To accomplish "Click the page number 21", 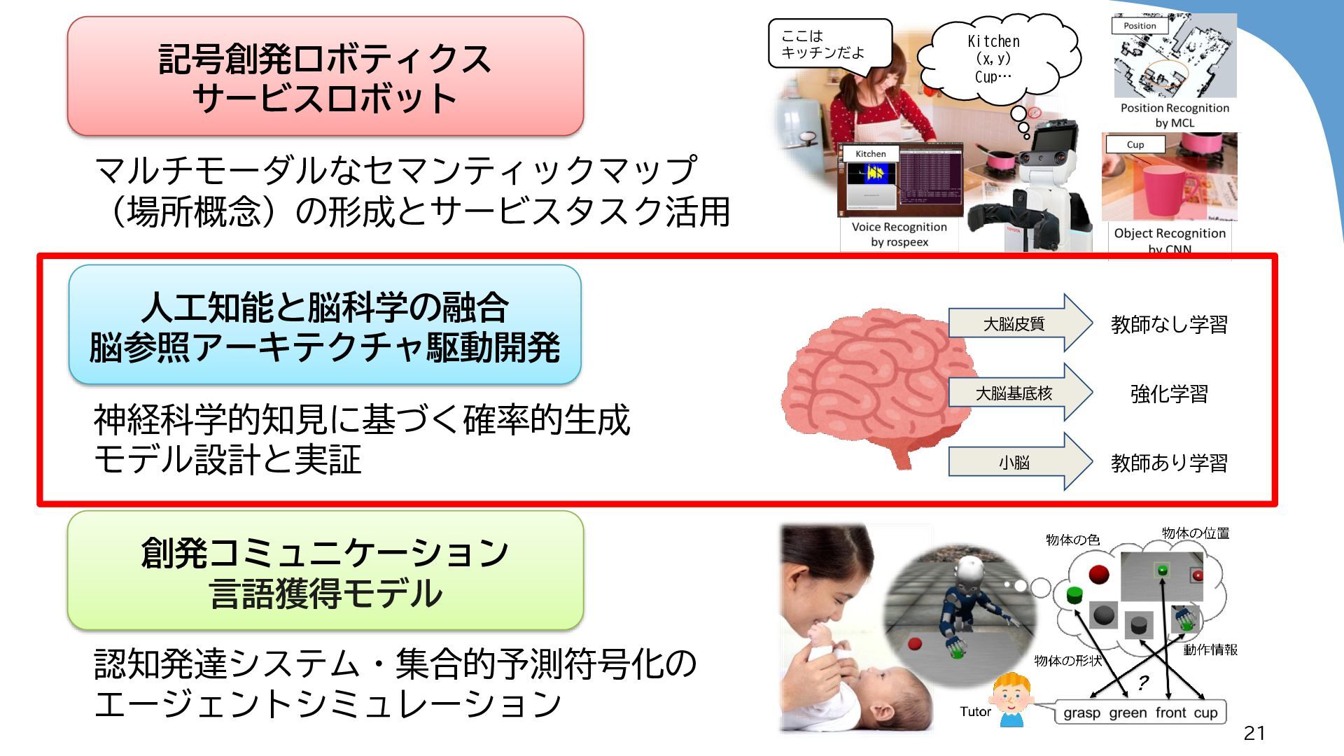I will (1254, 733).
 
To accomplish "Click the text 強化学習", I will (1169, 393).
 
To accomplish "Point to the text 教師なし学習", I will (1169, 324).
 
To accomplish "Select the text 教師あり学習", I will (1169, 463).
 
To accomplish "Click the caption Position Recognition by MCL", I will (1175, 115).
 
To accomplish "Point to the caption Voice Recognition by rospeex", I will (899, 234).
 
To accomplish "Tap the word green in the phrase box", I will (1128, 713).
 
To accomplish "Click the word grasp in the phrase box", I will (1081, 713).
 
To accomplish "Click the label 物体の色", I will (1072, 540).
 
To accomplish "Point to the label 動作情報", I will (1210, 650).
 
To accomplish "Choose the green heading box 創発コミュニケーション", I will (325, 571).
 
